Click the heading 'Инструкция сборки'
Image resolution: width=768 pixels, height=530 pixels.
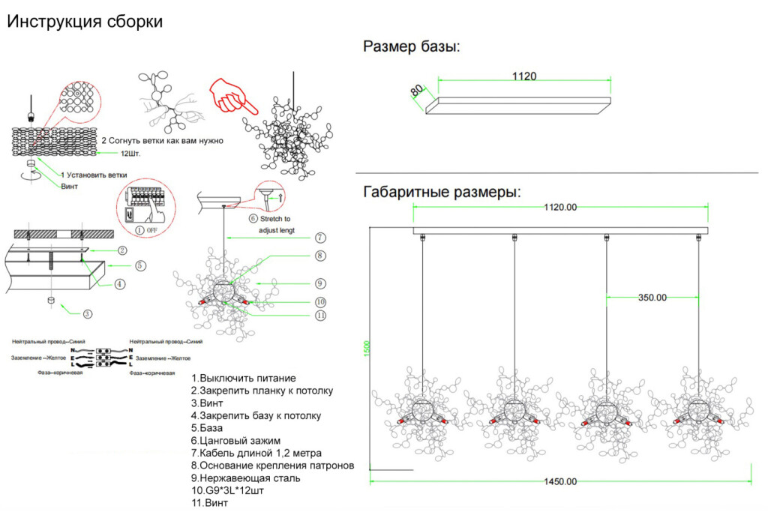click(x=85, y=22)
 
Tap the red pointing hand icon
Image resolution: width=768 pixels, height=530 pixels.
click(x=231, y=94)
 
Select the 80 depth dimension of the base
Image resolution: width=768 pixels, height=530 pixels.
click(x=416, y=91)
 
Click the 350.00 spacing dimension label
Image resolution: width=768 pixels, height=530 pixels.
click(x=652, y=297)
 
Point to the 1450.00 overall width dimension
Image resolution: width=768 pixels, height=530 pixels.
click(x=560, y=481)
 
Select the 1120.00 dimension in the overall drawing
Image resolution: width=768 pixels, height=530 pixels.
click(x=560, y=207)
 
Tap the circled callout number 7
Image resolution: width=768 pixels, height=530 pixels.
click(x=320, y=238)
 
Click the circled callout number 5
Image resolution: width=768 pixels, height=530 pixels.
click(x=140, y=265)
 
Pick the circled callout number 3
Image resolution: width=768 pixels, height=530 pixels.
click(x=88, y=314)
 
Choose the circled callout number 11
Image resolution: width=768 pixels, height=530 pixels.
click(x=320, y=316)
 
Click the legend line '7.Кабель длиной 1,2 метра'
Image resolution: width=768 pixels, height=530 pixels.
click(x=256, y=453)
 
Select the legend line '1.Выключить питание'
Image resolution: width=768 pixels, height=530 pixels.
click(x=243, y=378)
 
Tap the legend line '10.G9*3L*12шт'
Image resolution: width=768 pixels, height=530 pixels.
click(x=227, y=490)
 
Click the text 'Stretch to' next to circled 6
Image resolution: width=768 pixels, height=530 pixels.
click(x=275, y=219)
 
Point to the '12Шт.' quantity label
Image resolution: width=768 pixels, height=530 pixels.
click(x=131, y=154)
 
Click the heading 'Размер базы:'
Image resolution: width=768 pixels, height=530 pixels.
click(x=412, y=47)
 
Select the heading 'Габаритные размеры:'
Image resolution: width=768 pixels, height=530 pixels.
click(x=442, y=192)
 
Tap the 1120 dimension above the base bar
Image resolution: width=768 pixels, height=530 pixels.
click(x=524, y=76)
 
